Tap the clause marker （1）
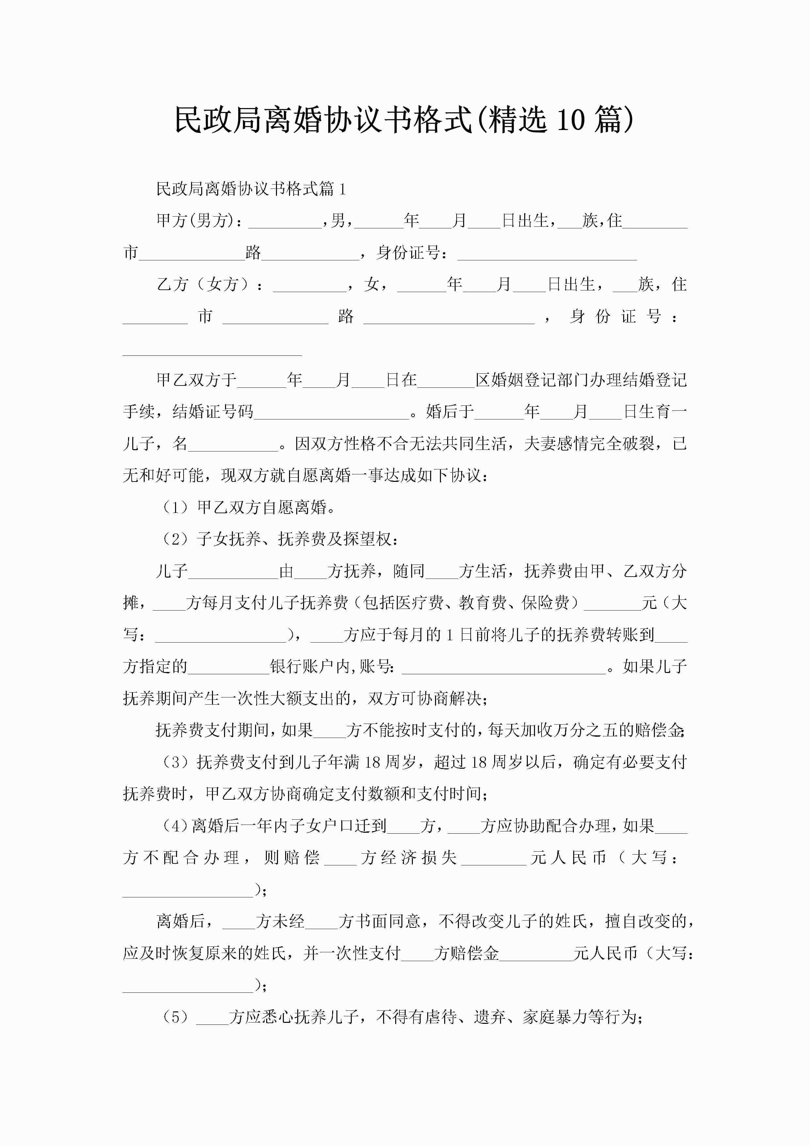(x=175, y=508)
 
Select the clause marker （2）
(x=175, y=539)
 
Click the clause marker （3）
(x=175, y=762)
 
